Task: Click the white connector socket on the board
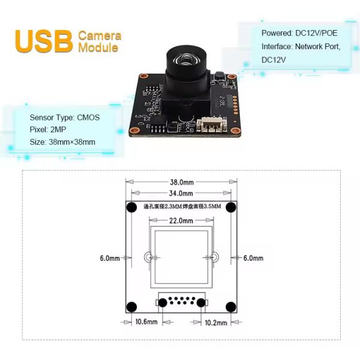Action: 210,125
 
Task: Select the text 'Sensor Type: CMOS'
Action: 64,118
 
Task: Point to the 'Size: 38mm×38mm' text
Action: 62,142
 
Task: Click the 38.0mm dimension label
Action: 181,182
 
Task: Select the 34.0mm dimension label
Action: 181,193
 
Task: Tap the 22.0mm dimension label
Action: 181,220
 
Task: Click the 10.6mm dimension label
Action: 146,322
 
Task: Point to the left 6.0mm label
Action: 109,258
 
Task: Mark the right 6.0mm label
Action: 253,258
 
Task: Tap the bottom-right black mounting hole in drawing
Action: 230,307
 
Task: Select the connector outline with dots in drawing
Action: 181,302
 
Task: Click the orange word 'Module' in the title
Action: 98,47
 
